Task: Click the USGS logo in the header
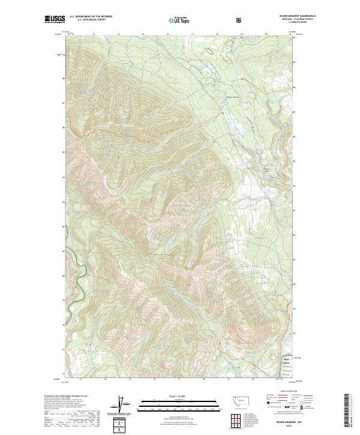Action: (55, 20)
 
